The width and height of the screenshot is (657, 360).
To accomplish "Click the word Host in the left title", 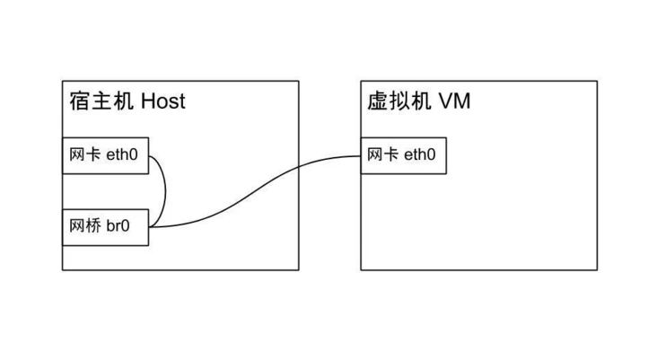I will pos(163,101).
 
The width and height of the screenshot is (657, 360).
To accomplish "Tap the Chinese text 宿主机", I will pos(101,101).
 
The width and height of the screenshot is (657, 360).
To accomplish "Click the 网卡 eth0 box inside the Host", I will pos(104,155).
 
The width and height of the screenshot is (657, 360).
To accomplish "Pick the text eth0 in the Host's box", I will pos(122,155).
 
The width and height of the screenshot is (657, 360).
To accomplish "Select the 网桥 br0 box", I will pos(104,226).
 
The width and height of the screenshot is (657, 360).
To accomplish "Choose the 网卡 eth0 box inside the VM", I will pos(404,155).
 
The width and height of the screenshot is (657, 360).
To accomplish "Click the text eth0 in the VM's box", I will pos(420,155).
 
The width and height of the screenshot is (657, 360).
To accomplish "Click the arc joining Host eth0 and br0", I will pos(166,190).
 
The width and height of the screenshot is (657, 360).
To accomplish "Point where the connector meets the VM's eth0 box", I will pos(362,156).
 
